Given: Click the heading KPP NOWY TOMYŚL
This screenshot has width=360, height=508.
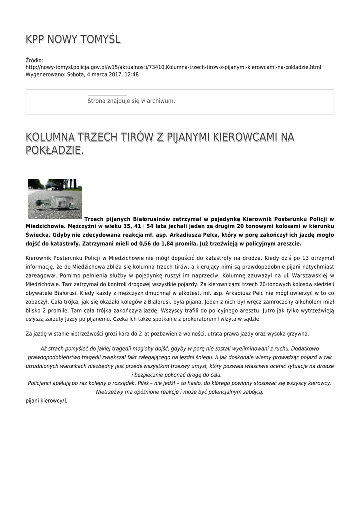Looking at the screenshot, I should [x=73, y=39].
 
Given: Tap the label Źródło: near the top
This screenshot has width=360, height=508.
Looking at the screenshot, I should [x=34, y=60].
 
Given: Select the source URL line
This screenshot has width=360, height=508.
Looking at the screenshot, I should [x=173, y=67].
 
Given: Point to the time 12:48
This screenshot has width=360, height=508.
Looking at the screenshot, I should [x=131, y=74].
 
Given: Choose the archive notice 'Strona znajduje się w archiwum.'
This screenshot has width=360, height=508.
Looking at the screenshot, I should [x=131, y=101].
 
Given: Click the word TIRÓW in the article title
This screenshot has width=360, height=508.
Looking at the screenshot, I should [x=136, y=136].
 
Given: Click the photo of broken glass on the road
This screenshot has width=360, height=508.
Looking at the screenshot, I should [x=55, y=198].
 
